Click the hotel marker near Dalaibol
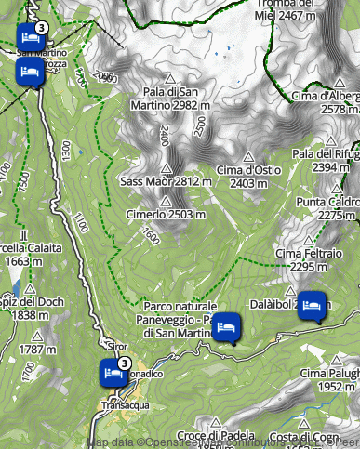(x=313, y=305)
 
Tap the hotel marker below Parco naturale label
(x=226, y=327)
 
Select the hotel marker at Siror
(x=113, y=373)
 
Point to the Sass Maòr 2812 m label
(x=162, y=181)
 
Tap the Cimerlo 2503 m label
(x=165, y=215)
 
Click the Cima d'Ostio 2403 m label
(x=248, y=176)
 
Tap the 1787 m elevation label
(x=37, y=350)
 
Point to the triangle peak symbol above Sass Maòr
(x=167, y=169)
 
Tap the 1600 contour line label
(x=151, y=238)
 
